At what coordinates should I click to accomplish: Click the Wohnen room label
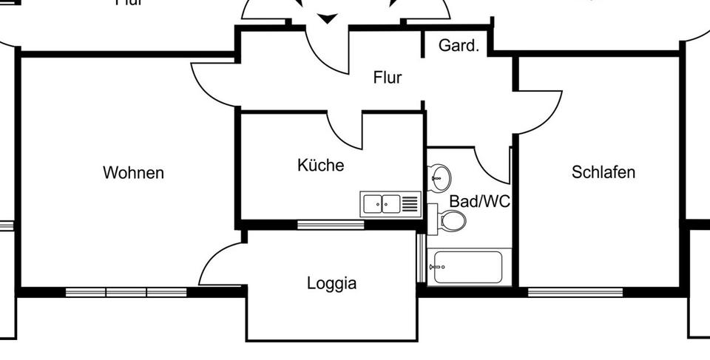133,173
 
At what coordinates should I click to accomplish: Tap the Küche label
320,165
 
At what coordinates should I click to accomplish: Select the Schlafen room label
603,172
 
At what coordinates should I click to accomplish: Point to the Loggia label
331,283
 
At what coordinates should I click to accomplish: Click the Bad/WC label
480,202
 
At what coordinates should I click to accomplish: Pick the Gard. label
459,46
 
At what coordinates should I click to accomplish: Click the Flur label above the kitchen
388,77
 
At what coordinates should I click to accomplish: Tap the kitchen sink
382,203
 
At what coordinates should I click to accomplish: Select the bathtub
468,267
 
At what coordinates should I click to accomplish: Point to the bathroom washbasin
440,176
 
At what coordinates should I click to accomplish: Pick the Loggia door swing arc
218,262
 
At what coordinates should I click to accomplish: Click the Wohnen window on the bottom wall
126,292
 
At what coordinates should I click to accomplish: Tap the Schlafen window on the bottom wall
575,292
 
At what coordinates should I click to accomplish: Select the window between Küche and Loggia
330,225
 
